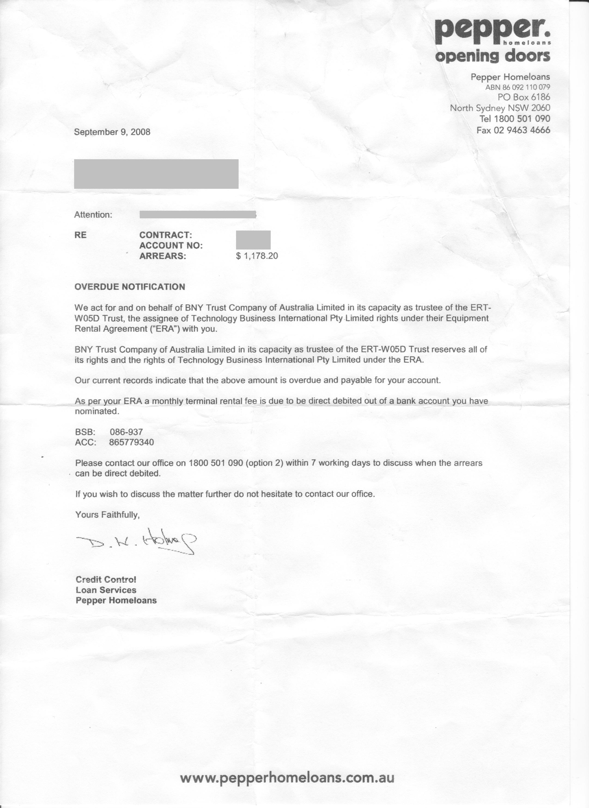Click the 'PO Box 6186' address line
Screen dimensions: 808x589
(524, 97)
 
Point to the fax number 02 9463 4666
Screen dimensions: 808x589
(522, 130)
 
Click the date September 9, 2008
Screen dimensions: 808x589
(112, 132)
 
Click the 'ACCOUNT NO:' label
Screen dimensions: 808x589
(171, 246)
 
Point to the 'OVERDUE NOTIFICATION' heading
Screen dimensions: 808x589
(130, 287)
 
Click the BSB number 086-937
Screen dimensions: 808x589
(126, 432)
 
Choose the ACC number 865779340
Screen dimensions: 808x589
(132, 442)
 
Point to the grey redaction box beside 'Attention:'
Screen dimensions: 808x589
(197, 214)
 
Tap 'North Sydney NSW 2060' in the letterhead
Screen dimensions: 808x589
(500, 108)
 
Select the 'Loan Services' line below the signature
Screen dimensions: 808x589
(106, 590)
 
